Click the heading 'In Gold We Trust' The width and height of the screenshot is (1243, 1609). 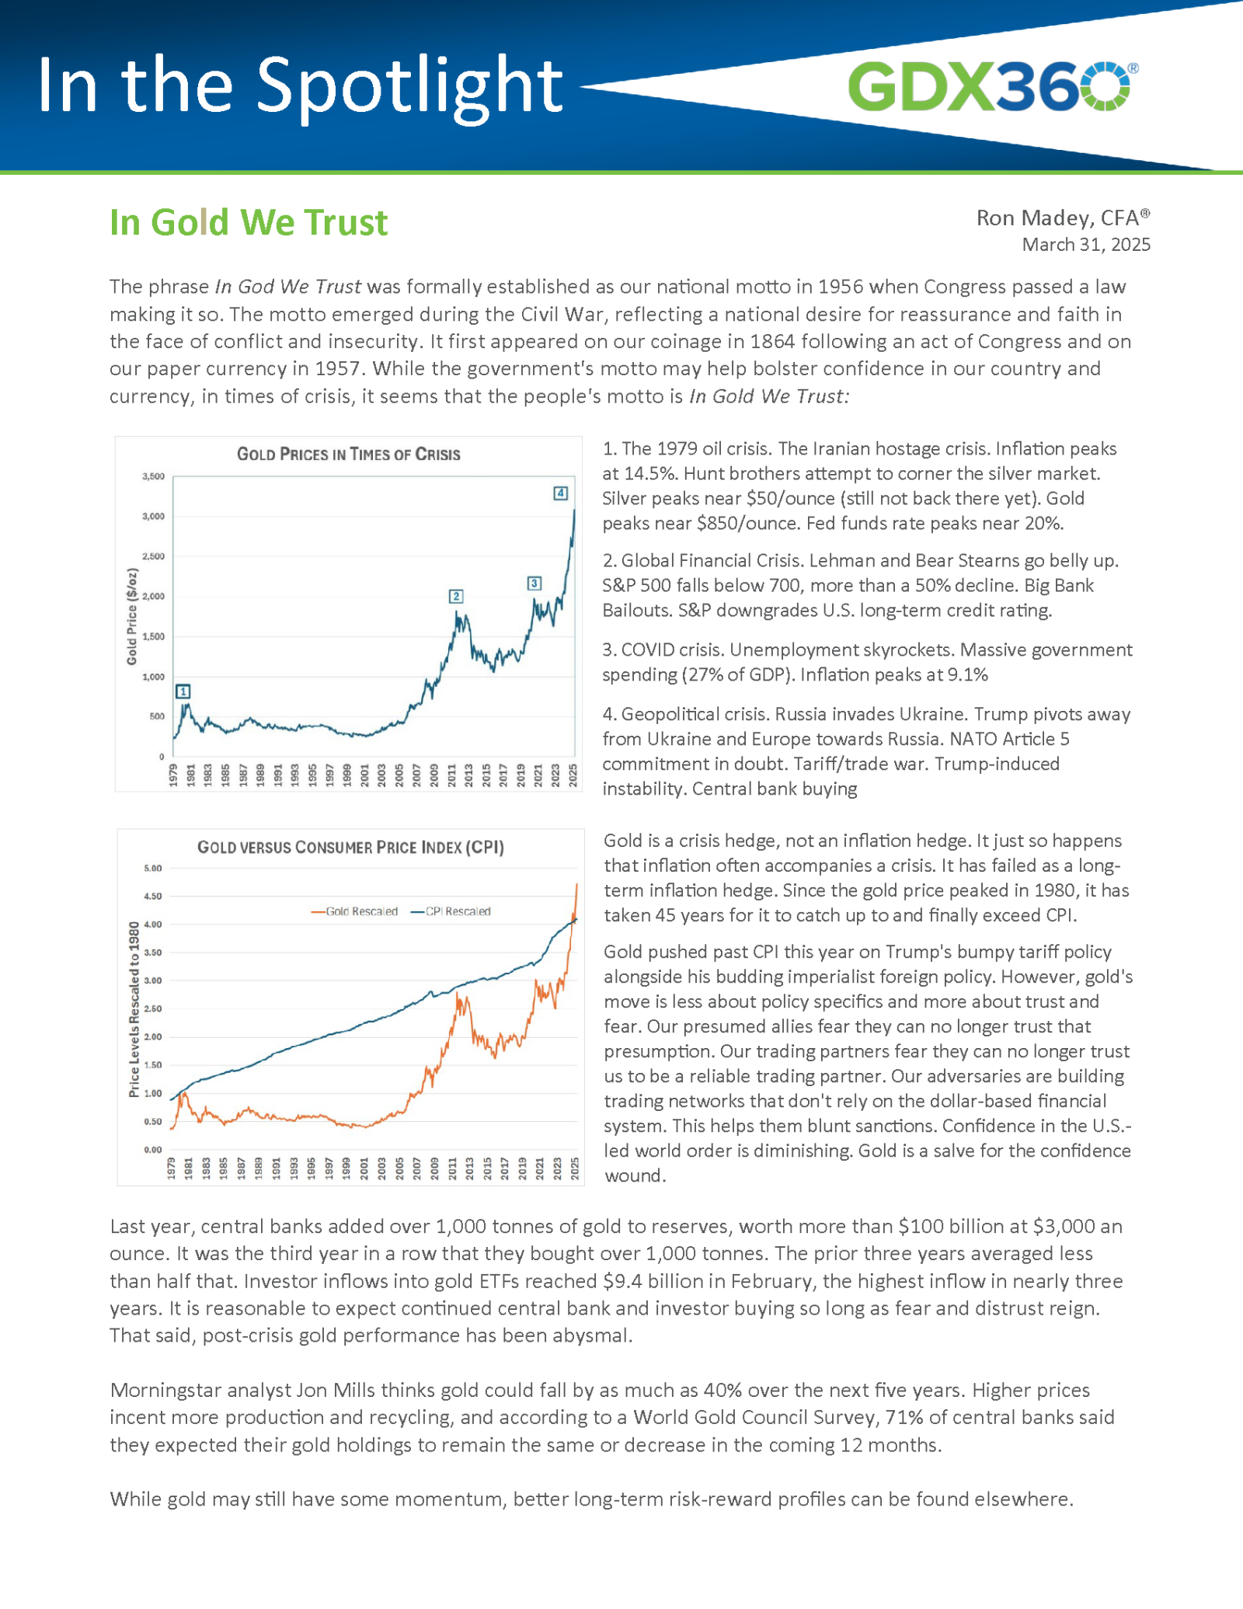249,223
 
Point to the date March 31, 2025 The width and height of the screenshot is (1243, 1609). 1085,245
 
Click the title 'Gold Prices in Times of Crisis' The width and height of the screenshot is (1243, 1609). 348,454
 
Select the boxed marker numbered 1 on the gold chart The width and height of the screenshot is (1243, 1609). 183,691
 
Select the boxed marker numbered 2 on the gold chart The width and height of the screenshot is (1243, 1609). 456,596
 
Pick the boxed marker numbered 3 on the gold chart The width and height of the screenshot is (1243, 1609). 534,583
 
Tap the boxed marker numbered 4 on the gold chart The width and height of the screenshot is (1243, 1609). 560,493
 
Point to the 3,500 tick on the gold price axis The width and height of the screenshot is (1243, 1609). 153,476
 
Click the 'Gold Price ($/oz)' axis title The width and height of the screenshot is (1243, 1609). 132,617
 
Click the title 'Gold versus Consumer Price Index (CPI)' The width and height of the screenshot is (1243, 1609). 350,847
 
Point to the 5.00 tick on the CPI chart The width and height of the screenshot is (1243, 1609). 153,868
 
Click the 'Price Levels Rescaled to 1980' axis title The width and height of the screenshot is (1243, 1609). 134,1009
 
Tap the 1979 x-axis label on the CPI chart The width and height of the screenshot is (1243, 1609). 172,1168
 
